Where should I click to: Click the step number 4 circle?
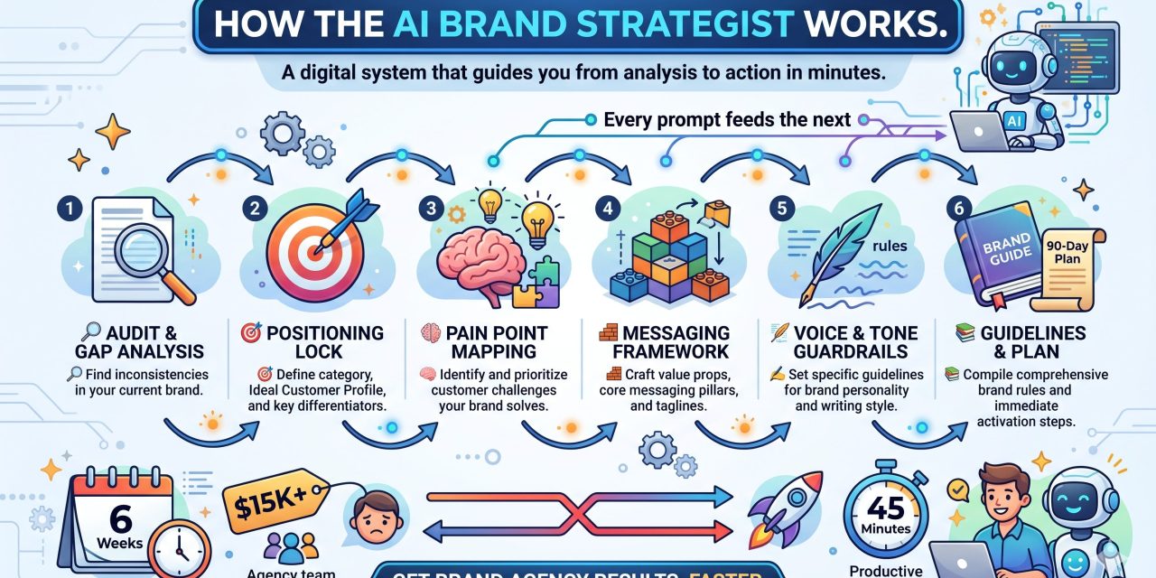(x=608, y=207)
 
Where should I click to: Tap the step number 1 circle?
(x=67, y=207)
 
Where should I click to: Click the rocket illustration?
(x=786, y=506)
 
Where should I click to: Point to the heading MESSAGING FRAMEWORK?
(x=667, y=342)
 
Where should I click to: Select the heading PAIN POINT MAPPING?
(x=484, y=342)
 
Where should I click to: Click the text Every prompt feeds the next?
(x=726, y=119)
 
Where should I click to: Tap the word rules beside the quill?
(x=892, y=246)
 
